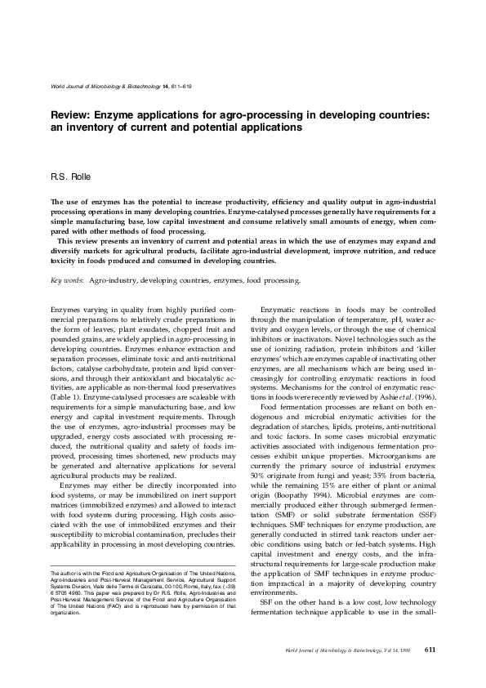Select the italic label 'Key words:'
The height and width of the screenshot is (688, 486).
(66, 280)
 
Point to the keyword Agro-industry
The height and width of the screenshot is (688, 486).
(113, 280)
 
